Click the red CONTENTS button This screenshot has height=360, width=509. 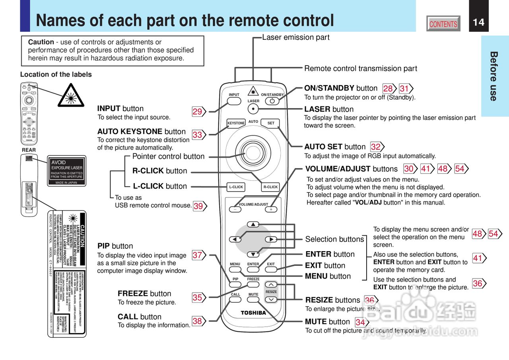(x=443, y=24)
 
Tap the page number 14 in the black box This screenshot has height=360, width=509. (x=479, y=22)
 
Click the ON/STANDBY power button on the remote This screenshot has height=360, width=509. (x=272, y=101)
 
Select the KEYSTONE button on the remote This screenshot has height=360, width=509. (x=236, y=123)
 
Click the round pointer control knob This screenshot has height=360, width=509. (x=253, y=151)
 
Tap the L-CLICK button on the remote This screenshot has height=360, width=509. (x=236, y=187)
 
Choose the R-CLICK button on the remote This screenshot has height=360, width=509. (x=270, y=187)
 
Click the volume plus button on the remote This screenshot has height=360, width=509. (x=271, y=209)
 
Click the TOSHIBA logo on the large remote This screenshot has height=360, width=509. (x=253, y=313)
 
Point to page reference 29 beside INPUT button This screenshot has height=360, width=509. (x=198, y=112)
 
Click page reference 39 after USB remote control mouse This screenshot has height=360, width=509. (x=198, y=206)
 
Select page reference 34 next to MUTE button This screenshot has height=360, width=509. (x=360, y=322)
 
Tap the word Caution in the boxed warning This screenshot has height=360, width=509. (x=41, y=42)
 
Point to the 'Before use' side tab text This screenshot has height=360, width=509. (x=493, y=76)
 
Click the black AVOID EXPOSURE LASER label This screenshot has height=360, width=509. (x=67, y=170)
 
